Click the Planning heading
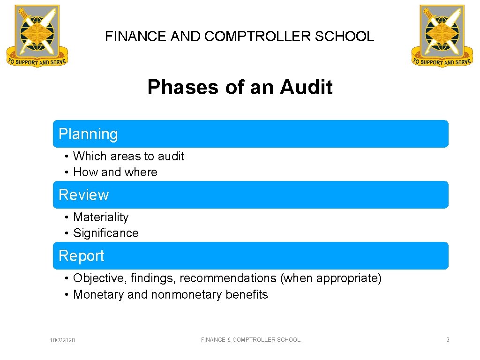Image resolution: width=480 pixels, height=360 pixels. tap(88, 134)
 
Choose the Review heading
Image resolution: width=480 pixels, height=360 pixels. tap(83, 195)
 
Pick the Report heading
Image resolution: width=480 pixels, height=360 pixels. tap(82, 256)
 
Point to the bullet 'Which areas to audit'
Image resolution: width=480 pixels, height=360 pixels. tap(128, 156)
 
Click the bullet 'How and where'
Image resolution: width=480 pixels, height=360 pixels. tap(115, 172)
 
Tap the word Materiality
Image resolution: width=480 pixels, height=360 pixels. tap(101, 217)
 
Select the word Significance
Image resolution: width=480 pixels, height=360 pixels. tap(106, 233)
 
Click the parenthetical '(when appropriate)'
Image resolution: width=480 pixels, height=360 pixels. tap(331, 278)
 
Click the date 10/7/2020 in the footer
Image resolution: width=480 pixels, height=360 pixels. tap(62, 340)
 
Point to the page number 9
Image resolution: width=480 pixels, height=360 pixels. tap(448, 340)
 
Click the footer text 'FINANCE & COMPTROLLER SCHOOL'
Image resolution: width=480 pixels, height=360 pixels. tap(251, 340)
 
